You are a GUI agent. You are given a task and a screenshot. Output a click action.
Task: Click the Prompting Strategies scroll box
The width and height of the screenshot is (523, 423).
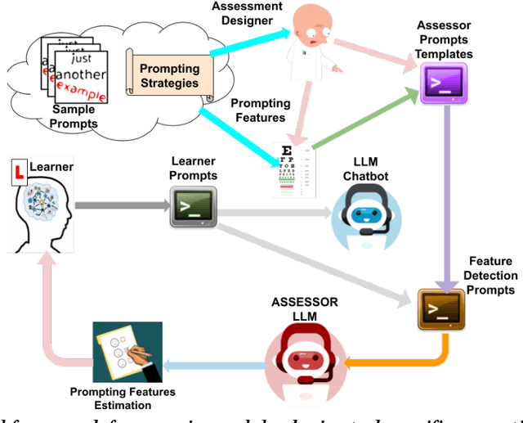point(169,75)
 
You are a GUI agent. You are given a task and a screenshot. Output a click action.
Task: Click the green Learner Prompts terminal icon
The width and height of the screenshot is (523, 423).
point(192,205)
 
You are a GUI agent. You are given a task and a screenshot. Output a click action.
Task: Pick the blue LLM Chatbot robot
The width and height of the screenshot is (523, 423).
point(364,216)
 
